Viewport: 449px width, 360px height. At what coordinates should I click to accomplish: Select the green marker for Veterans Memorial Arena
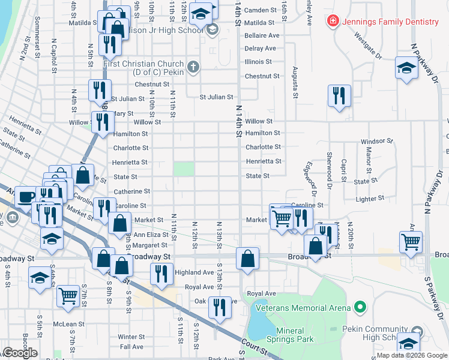click(x=360, y=308)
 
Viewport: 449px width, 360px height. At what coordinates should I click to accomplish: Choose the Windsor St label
click(x=376, y=141)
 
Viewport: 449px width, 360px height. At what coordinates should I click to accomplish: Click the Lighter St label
click(x=370, y=198)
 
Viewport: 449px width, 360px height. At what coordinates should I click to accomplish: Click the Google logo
click(x=20, y=353)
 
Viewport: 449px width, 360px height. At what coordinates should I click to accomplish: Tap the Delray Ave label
click(x=260, y=49)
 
